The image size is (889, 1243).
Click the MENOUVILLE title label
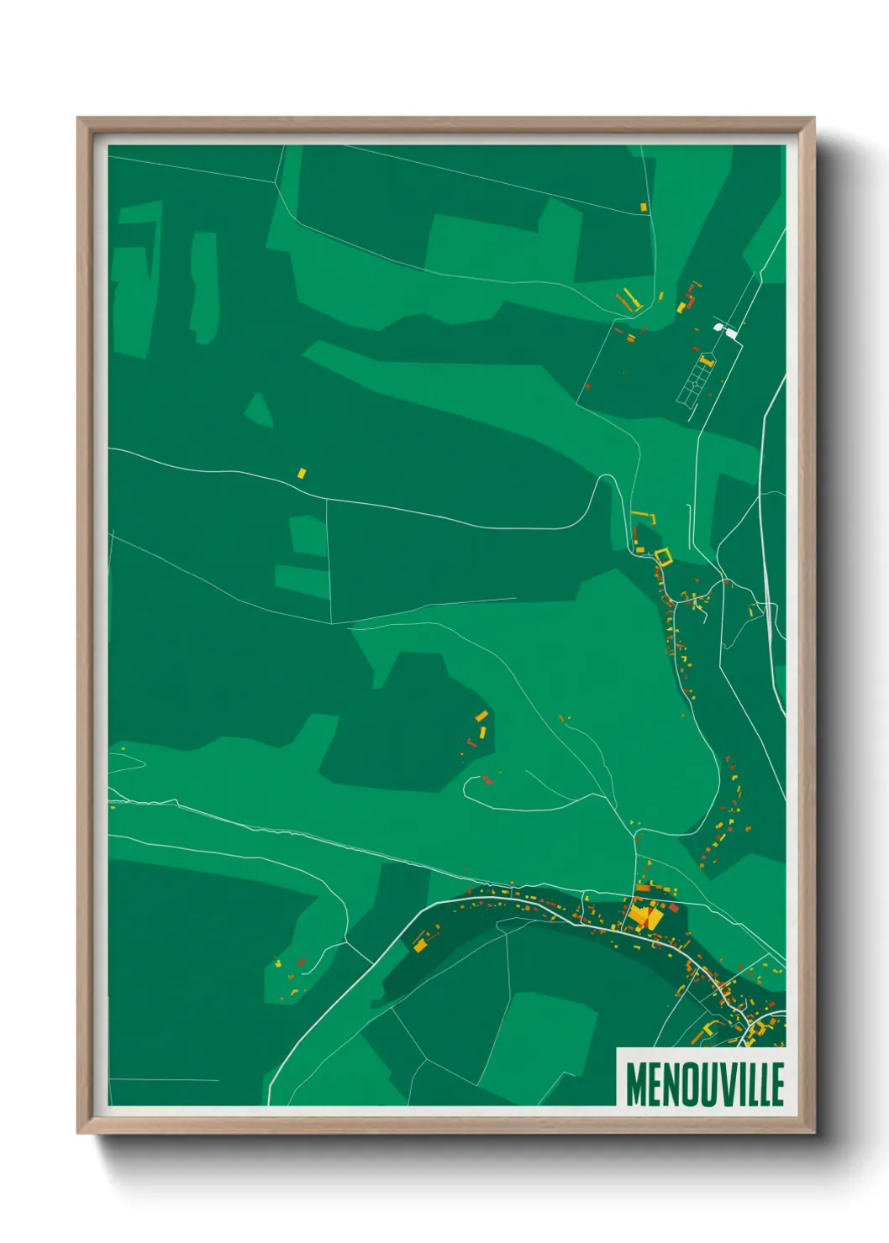[x=704, y=1084]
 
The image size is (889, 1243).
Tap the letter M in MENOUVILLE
[x=634, y=1084]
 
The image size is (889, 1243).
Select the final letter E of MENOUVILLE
[x=777, y=1084]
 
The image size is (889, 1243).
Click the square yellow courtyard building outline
[x=664, y=556]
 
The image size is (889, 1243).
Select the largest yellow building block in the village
[x=644, y=915]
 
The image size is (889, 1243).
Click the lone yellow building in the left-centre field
[x=302, y=474]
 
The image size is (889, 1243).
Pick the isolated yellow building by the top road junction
[x=644, y=207]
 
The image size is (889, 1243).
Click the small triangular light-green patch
[x=259, y=410]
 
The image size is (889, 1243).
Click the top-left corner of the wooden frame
[x=79, y=118]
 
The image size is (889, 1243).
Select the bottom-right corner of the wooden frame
[x=813, y=1132]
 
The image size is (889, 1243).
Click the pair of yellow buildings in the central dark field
[x=482, y=724]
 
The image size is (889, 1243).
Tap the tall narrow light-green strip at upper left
[x=203, y=286]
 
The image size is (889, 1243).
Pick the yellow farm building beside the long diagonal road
[x=419, y=945]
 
